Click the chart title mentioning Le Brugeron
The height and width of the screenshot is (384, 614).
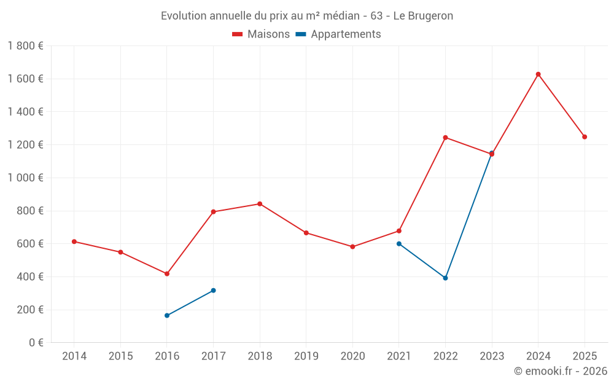tap(307, 16)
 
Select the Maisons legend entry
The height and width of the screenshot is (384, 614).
tap(261, 34)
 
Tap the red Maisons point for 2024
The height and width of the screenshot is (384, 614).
tap(538, 74)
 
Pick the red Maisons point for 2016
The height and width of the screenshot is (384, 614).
tap(167, 273)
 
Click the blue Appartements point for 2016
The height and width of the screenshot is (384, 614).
tap(167, 315)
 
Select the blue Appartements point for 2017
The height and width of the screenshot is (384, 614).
tap(213, 290)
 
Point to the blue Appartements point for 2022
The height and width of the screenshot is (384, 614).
tap(445, 278)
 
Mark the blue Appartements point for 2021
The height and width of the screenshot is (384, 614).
tap(399, 243)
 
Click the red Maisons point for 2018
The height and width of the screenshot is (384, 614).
tap(260, 204)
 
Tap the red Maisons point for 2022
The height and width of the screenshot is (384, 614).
tap(445, 138)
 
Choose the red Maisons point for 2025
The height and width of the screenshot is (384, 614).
tap(585, 137)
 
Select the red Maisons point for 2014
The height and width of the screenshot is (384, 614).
tap(74, 241)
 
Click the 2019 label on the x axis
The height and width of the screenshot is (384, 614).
tap(306, 356)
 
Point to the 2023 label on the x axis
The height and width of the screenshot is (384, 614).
tap(492, 356)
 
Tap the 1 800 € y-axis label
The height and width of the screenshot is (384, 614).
tap(25, 46)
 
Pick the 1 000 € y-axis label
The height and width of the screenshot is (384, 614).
tap(25, 178)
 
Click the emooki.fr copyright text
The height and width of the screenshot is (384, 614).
tap(561, 371)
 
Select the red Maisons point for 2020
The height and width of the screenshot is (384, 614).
tap(352, 247)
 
